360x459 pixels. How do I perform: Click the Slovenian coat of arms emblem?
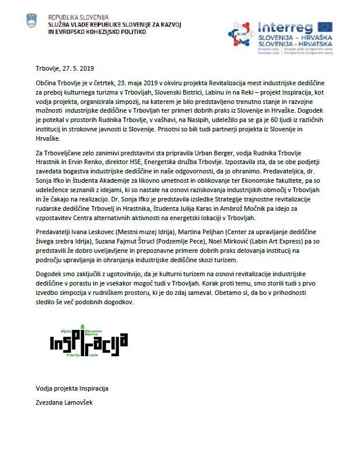pos(32,22)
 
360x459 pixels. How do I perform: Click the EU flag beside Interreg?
pos(325,27)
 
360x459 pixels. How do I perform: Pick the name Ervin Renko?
pos(82,162)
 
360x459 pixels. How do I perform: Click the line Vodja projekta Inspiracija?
pos(72,388)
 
